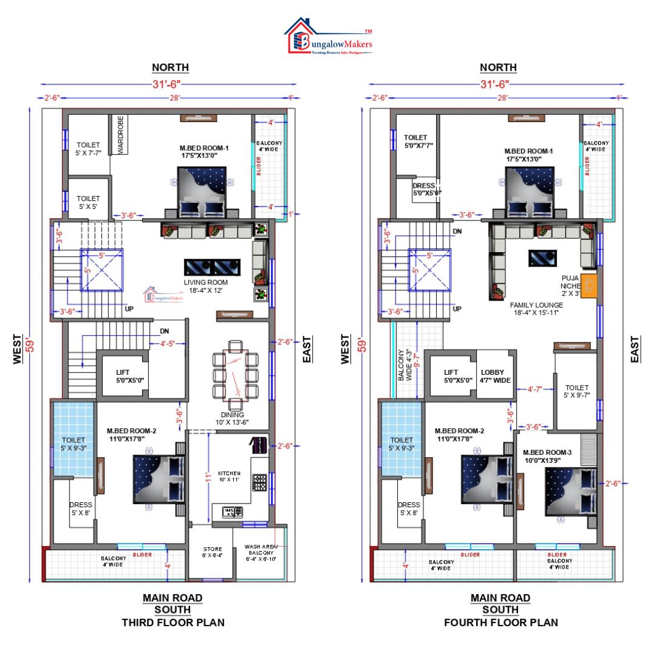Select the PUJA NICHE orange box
pos(589,285)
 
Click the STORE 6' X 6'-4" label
pos(212,552)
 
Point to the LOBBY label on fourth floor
pos(493,376)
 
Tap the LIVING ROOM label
pos(207,286)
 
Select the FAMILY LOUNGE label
pos(534,308)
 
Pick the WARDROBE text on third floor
pos(121,134)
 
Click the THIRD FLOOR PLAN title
pos(173,622)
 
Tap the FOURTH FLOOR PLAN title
pos(501,622)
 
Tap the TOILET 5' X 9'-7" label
pos(577,391)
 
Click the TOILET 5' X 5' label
pos(88,202)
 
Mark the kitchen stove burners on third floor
pos(259,483)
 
